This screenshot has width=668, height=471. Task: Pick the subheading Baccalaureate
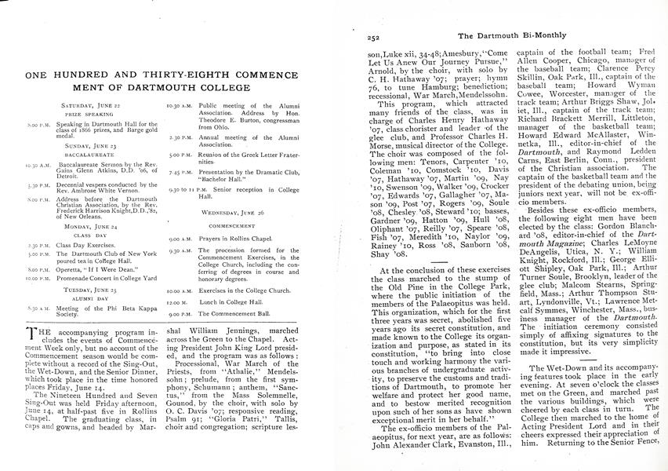(92, 155)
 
